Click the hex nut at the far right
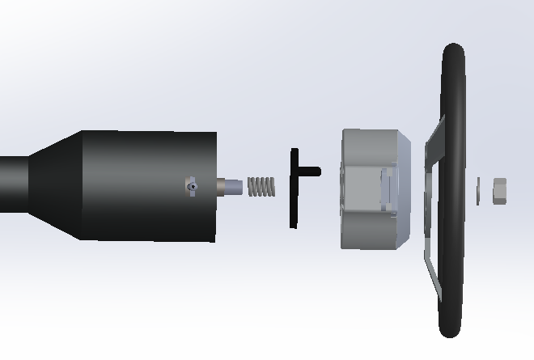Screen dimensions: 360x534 (x=499, y=190)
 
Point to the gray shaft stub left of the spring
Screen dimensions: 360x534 (x=231, y=187)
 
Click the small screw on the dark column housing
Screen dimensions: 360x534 (x=191, y=186)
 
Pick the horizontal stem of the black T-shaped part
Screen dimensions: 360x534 (x=309, y=171)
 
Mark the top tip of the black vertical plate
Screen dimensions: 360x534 (x=295, y=153)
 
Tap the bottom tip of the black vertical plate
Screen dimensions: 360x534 (x=293, y=223)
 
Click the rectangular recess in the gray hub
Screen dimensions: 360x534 (x=387, y=186)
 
